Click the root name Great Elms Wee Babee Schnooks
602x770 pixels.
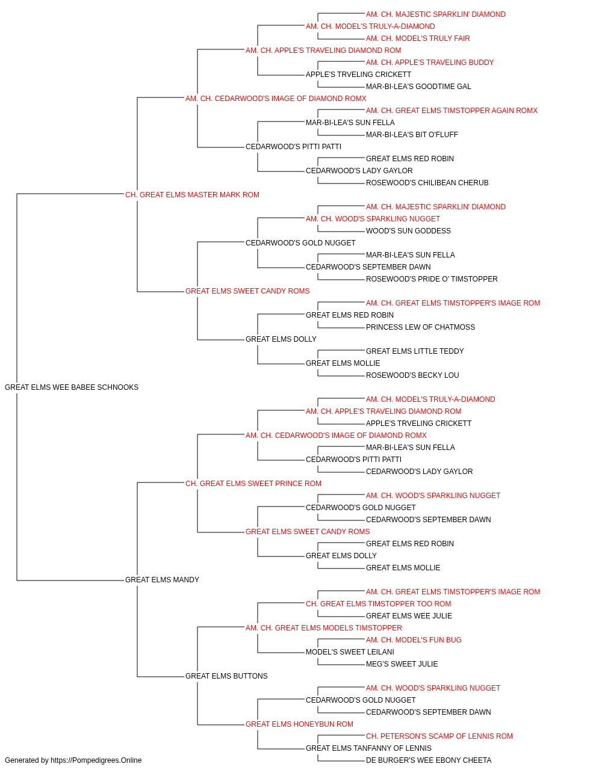[72, 387]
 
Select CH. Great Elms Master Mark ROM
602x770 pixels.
[192, 195]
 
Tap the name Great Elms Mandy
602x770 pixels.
[162, 580]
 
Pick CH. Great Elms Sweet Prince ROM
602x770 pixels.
[253, 484]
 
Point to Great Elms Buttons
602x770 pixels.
[226, 676]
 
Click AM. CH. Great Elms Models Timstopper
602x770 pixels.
[324, 628]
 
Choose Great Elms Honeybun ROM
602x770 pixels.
[299, 724]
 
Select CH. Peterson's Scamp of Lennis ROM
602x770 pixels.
[439, 736]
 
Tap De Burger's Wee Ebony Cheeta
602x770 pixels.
[429, 760]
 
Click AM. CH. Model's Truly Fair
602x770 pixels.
[418, 38]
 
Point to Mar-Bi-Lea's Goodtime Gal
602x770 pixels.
[418, 87]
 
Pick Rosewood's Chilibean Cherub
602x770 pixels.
[427, 183]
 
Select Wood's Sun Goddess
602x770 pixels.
[408, 231]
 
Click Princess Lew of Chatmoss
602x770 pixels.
[420, 327]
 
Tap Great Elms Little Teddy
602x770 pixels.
[415, 351]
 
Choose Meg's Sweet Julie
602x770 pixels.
[402, 664]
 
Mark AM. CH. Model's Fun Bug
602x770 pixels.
[414, 640]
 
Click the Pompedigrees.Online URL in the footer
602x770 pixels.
[96, 760]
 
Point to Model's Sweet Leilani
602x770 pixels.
[350, 652]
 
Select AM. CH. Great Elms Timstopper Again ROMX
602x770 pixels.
[451, 111]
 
